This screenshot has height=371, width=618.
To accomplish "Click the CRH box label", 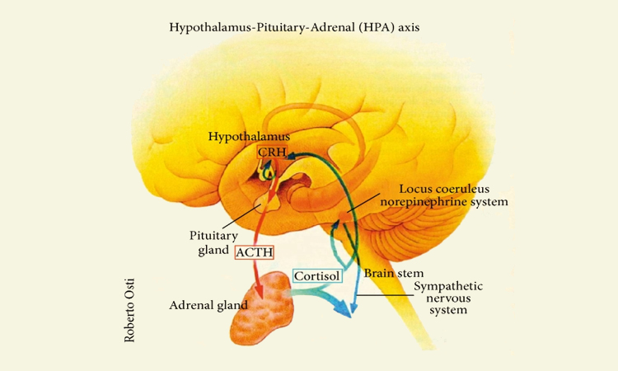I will (x=271, y=153).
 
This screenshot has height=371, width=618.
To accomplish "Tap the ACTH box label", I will (x=254, y=252).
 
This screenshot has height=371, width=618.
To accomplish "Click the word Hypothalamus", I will (x=248, y=136).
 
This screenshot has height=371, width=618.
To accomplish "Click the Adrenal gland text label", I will (x=208, y=304).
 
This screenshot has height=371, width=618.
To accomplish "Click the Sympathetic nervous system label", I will (x=448, y=298).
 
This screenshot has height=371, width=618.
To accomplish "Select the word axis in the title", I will (x=408, y=27).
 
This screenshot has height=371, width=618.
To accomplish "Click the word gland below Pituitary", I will (x=213, y=249).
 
